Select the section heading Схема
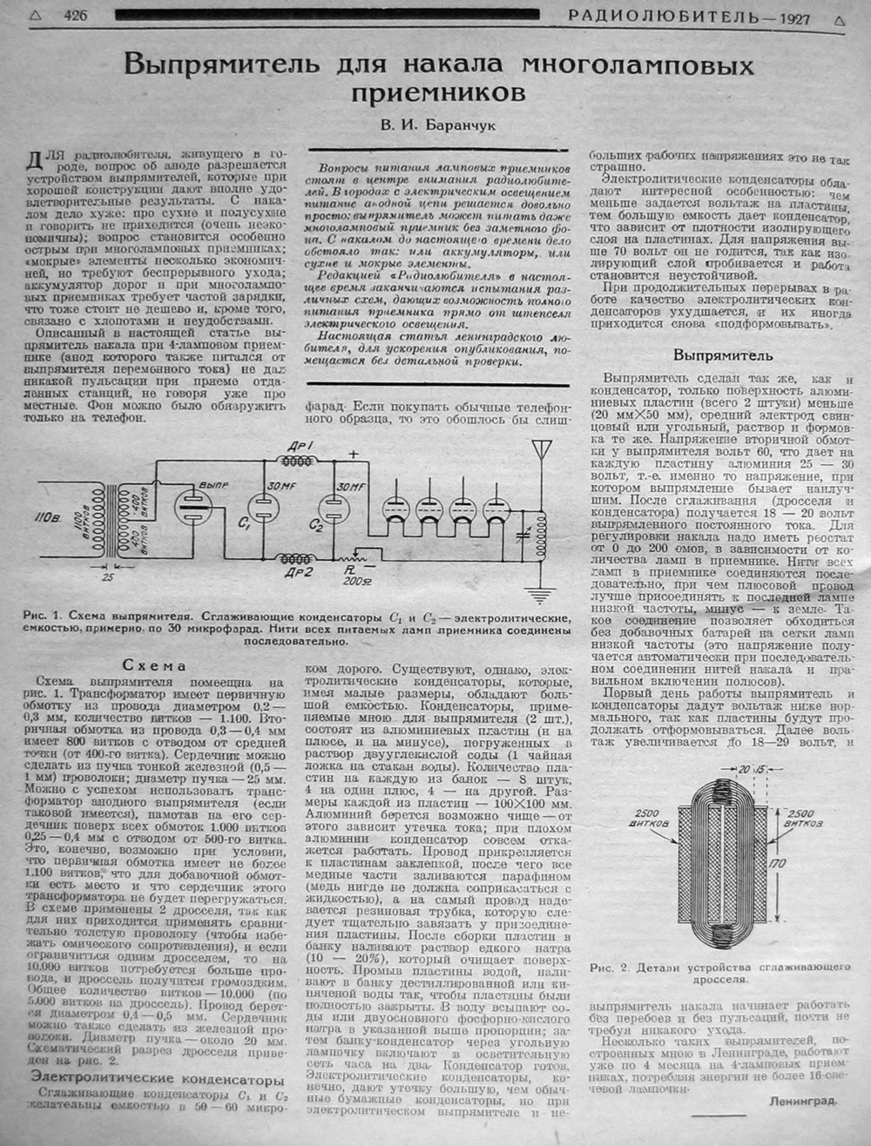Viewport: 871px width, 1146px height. click(x=153, y=665)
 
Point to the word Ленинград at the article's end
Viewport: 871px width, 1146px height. click(x=803, y=1100)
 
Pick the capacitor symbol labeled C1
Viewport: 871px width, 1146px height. click(x=260, y=508)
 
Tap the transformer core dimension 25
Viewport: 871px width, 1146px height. click(x=107, y=575)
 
